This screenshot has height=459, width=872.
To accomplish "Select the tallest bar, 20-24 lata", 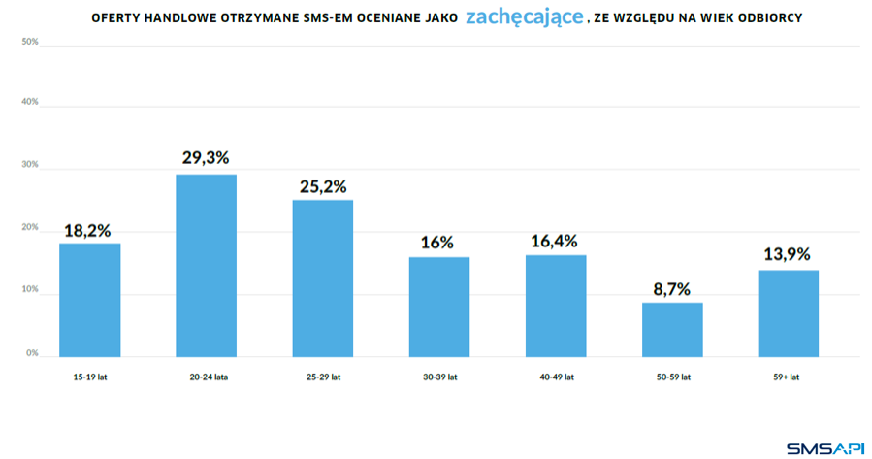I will point(206,265).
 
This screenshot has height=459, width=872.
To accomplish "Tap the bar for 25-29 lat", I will point(322,278).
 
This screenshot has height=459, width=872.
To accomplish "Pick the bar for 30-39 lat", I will point(438,306).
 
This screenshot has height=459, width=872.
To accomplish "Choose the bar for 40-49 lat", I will point(556,305).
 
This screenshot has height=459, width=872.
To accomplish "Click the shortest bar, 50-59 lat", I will point(672,329).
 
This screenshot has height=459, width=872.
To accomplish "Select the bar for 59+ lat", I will point(788,312).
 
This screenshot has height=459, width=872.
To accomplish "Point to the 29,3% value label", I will point(206,158).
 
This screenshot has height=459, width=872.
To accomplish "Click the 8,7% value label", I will point(672,288).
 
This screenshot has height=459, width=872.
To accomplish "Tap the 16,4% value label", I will point(556,241).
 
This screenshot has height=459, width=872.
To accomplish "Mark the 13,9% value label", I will point(788,255).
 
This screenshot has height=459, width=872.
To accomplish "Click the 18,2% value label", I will point(88,230).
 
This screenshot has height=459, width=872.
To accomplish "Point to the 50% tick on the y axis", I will point(29,42).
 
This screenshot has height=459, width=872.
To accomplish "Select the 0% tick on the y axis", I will point(32,353).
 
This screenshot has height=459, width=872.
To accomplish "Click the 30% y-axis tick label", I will point(29,165).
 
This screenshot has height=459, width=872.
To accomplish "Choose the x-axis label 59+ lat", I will point(788,377).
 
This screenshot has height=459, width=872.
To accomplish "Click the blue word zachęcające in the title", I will point(525,17).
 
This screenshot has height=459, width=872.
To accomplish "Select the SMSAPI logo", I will point(824,447).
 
